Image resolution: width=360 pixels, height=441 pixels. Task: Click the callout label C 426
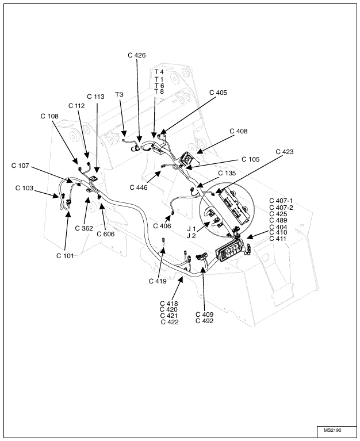coord(136,55)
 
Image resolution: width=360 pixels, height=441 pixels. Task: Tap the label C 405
coord(218,92)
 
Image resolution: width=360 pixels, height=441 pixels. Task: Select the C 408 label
coord(238,131)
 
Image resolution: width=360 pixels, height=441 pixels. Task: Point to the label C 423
coord(284,152)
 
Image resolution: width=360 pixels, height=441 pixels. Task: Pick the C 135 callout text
coord(227,172)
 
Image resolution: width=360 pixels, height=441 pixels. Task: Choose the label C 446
coord(139,187)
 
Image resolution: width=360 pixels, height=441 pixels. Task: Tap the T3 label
coord(120,94)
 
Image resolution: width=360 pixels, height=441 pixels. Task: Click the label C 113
coord(95,97)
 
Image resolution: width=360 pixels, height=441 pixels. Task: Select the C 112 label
coord(76,106)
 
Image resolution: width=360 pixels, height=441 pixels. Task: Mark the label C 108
coord(49,116)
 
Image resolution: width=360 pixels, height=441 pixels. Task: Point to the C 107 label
coord(20,166)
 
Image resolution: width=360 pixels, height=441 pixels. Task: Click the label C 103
coord(24,188)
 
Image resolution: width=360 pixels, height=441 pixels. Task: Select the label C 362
coord(84,228)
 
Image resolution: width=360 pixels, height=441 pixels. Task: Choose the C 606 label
coord(105,234)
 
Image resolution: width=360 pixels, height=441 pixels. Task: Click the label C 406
coord(162,226)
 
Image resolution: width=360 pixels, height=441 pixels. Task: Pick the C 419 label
coord(158,281)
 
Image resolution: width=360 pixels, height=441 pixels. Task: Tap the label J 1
coord(192,229)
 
